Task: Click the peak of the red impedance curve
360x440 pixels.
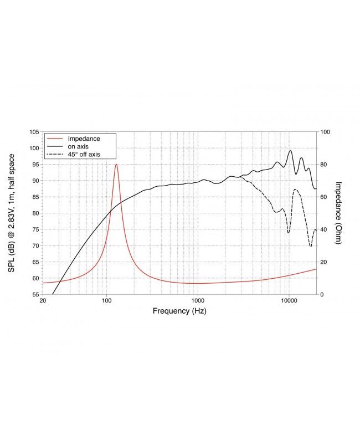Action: point(116,164)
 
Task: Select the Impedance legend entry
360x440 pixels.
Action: point(83,137)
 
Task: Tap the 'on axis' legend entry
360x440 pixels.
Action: point(78,146)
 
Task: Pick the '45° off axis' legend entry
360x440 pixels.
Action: point(84,154)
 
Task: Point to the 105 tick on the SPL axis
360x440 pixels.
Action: point(33,132)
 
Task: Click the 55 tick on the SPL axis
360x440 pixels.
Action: point(35,294)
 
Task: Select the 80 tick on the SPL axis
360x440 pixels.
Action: point(35,213)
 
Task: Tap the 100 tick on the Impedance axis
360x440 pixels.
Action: point(326,132)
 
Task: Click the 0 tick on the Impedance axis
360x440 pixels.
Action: point(322,294)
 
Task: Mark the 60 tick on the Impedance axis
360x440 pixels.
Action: point(324,197)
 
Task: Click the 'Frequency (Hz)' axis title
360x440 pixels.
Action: point(179,311)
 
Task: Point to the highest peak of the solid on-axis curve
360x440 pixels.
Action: point(290,150)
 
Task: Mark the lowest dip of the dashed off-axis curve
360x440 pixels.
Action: point(311,246)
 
